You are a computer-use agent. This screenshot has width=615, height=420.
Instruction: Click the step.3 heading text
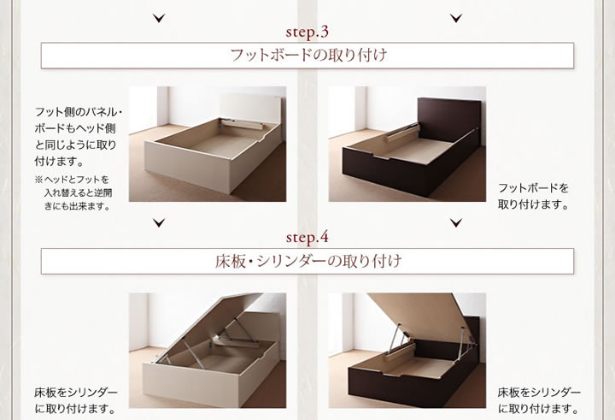[307, 33]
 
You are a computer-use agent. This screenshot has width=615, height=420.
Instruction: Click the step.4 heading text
[307, 238]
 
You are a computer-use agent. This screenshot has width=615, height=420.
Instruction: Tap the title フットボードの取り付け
[308, 55]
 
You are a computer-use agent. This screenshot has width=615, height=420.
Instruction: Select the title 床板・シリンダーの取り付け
[308, 261]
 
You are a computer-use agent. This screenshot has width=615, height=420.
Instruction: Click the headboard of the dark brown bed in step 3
[449, 118]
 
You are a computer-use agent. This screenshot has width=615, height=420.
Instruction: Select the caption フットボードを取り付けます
[533, 196]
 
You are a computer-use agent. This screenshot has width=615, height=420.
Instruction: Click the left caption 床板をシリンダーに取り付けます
[76, 400]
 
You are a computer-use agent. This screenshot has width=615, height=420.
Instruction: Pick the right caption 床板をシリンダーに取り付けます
[539, 400]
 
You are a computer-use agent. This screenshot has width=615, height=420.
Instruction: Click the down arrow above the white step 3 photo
[159, 18]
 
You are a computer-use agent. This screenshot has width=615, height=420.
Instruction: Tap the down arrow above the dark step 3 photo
[456, 18]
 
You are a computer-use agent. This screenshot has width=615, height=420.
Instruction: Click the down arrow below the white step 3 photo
[159, 223]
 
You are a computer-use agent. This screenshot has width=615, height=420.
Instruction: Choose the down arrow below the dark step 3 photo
[456, 223]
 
